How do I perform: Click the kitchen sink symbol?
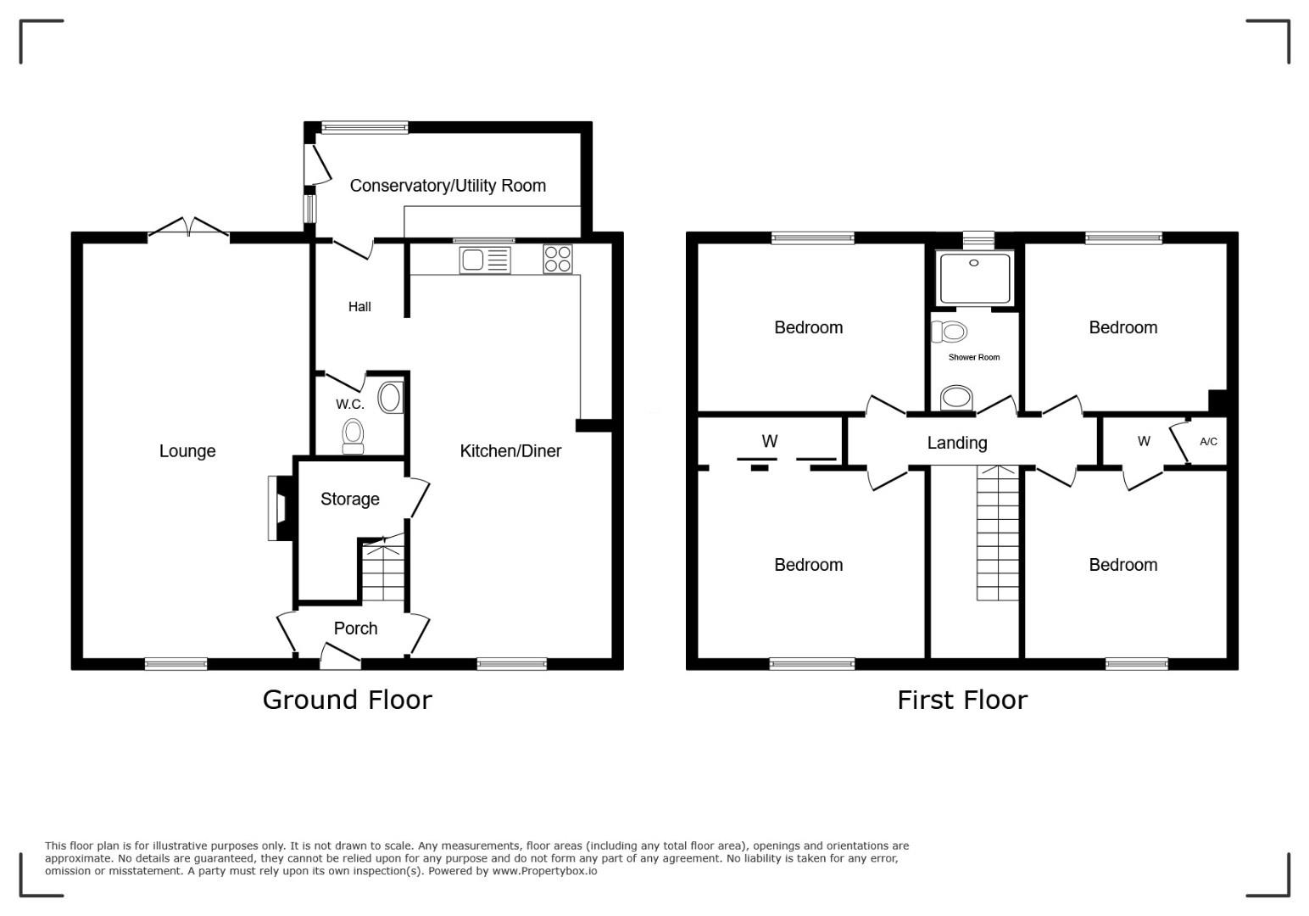484,260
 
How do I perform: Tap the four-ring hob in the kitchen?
558,259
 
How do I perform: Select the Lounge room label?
187,450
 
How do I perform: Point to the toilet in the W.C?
353,436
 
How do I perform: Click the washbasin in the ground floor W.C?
390,398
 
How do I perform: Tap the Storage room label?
350,499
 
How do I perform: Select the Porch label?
355,628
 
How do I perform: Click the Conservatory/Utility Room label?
448,185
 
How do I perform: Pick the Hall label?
359,306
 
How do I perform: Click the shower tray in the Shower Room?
974,277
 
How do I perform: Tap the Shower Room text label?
973,357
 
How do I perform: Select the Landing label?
957,443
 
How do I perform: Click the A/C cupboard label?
1208,441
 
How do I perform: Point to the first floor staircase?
998,533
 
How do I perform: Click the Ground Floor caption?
347,700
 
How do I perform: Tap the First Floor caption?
962,701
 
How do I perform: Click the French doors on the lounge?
188,227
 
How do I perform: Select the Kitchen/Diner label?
510,450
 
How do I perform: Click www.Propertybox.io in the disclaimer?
544,871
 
